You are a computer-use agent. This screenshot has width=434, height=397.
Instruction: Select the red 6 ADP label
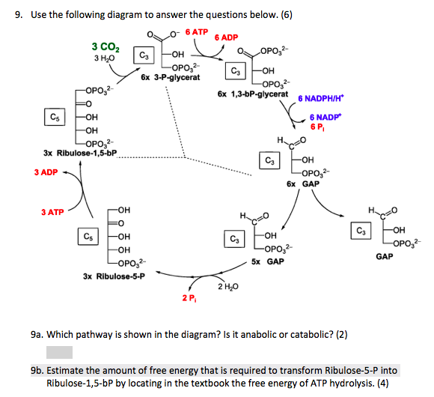226,37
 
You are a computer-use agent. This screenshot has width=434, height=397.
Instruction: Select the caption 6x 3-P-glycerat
169,78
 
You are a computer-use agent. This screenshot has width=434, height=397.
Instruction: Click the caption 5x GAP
267,261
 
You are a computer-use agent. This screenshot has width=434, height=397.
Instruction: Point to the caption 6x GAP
302,184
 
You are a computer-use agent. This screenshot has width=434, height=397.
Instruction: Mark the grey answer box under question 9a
59,352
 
